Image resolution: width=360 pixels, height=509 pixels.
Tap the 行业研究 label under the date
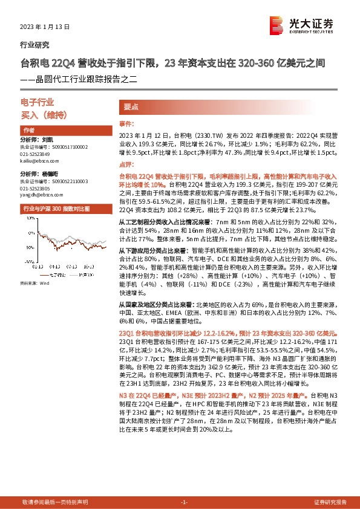[35, 45]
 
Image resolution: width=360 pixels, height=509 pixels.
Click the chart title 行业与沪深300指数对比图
[56, 208]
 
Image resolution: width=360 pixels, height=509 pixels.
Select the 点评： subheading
[125, 164]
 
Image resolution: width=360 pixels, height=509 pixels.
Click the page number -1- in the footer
[185, 502]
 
